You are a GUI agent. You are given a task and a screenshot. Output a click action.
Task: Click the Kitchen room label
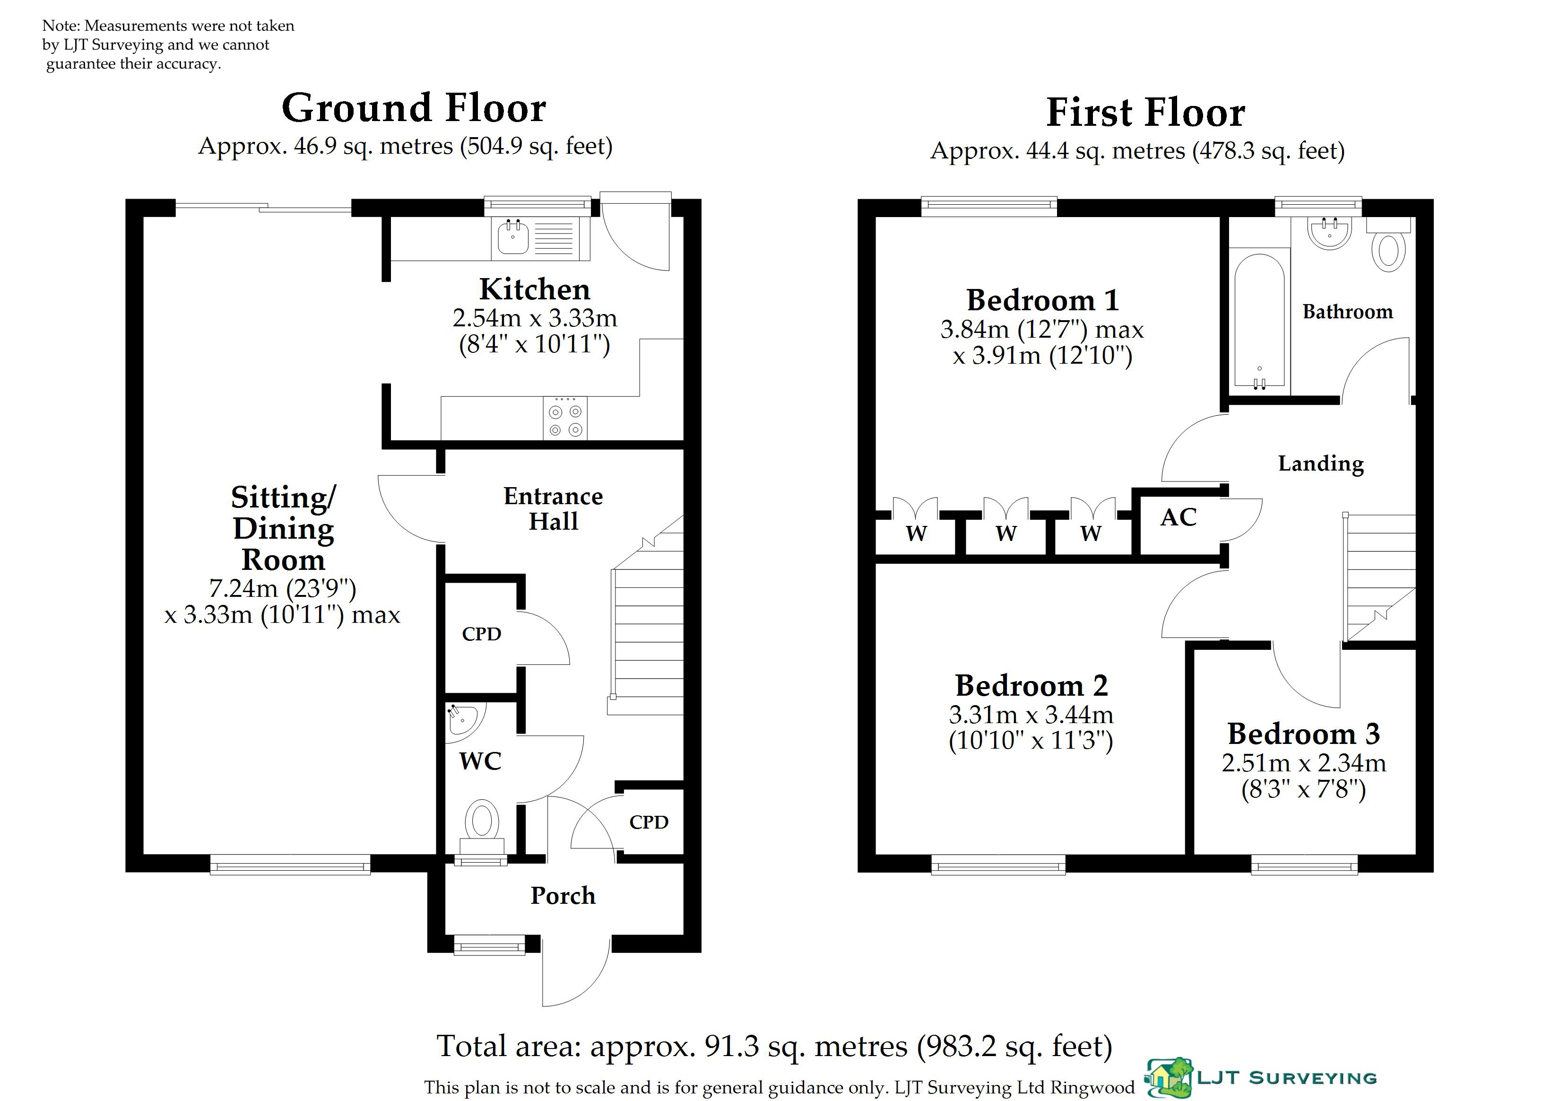point(535,289)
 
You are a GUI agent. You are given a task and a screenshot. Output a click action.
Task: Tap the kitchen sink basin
point(513,237)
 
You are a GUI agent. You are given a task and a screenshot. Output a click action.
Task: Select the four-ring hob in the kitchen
point(565,418)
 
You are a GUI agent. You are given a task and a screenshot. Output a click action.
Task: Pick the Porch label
point(563,896)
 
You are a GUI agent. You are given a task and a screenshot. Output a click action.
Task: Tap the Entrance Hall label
point(553,508)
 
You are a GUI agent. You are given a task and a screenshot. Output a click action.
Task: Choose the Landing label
point(1321,463)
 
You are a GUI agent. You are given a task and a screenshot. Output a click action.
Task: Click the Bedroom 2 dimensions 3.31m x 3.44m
point(1031,715)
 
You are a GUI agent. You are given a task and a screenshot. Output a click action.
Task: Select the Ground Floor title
point(414,108)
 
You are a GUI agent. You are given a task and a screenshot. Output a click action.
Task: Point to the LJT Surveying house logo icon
point(1170,1078)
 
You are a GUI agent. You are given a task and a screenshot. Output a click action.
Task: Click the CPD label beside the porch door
point(649,822)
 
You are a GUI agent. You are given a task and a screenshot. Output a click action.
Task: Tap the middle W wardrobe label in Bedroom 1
point(1006,533)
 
